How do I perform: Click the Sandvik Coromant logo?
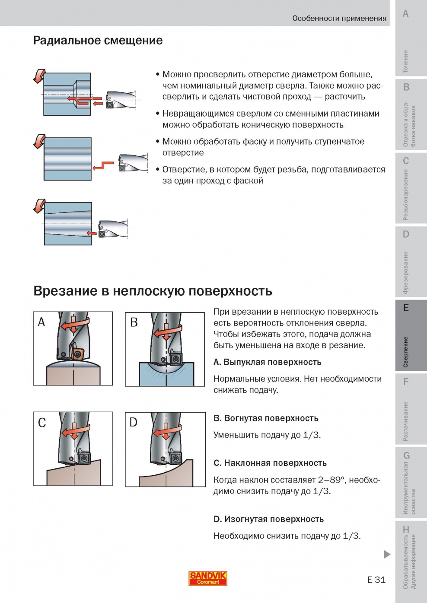pos(208,578)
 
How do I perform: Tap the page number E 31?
pos(376,580)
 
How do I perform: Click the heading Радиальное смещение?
pos(98,41)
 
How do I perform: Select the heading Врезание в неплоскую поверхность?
pos(153,291)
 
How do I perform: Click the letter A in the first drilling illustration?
pos(41,322)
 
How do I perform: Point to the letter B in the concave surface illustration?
pos(134,322)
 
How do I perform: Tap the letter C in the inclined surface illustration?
pos(42,423)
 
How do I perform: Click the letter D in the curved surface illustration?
pos(134,422)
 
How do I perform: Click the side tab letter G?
pos(406,455)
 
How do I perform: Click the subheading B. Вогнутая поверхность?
pos(266,418)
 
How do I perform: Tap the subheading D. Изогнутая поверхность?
pos(268,519)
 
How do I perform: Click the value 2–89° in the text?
pos(332,480)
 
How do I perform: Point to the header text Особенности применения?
pos(339,18)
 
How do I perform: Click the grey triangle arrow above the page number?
pos(387,554)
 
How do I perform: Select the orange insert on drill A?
pos(78,354)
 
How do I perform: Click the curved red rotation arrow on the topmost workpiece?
pos(39,76)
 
